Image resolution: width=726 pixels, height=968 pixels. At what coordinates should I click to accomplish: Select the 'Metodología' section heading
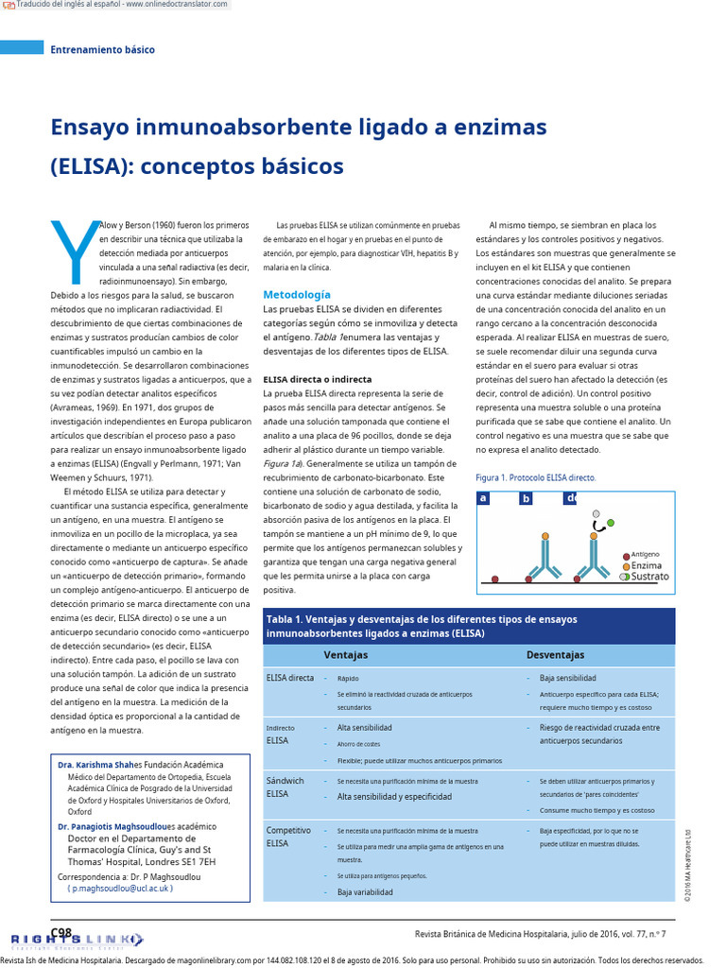(x=297, y=295)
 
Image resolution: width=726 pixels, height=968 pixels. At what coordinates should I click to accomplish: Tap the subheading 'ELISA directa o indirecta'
(x=317, y=378)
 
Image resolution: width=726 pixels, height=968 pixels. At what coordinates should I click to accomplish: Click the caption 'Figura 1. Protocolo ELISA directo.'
(x=535, y=478)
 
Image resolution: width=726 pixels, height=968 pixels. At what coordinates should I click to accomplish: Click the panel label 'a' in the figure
(x=483, y=498)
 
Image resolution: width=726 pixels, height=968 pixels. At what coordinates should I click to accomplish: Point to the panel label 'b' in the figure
(x=526, y=499)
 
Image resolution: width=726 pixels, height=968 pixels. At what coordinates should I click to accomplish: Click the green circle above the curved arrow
(x=611, y=522)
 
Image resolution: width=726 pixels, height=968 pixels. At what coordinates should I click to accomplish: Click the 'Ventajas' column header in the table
(x=346, y=654)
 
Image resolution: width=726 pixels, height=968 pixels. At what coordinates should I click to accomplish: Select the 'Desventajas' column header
(x=555, y=654)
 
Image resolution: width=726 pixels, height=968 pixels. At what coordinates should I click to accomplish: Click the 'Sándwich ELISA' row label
(x=285, y=787)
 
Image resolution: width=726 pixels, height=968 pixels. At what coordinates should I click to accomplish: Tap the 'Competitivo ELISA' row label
(x=288, y=837)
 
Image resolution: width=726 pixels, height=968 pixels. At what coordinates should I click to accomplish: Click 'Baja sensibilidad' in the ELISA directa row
(x=567, y=679)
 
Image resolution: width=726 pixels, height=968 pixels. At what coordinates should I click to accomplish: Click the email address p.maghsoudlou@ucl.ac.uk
(x=120, y=889)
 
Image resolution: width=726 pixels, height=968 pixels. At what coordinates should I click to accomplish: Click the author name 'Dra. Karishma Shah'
(x=95, y=764)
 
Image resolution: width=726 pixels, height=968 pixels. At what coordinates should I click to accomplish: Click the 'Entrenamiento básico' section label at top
(x=102, y=49)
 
